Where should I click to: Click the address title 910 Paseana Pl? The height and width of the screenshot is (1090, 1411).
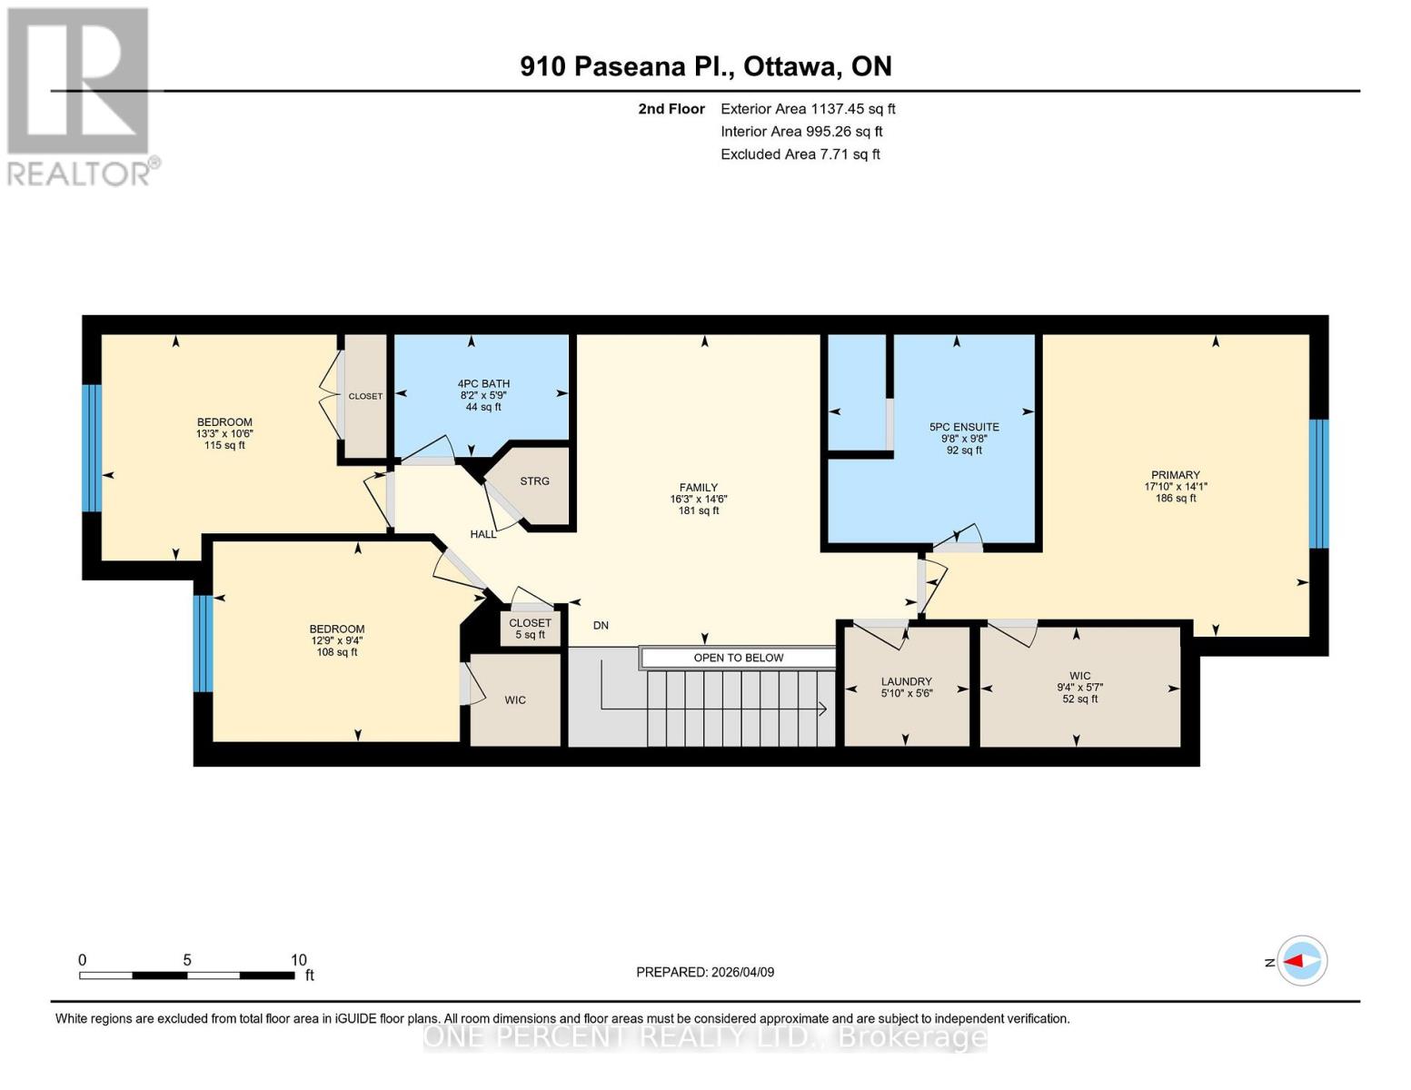click(x=705, y=66)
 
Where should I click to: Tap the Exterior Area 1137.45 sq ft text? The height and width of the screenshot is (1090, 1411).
click(x=807, y=109)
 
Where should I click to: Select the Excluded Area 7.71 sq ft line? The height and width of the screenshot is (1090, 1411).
click(x=800, y=154)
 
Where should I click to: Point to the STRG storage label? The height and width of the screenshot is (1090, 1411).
click(x=534, y=481)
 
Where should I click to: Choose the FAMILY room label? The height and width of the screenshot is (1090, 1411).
click(x=698, y=488)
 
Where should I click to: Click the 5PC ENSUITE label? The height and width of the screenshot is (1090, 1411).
click(x=963, y=427)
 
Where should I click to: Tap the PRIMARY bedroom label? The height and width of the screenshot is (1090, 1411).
click(x=1175, y=475)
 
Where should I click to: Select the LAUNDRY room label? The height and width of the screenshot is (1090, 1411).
click(x=906, y=681)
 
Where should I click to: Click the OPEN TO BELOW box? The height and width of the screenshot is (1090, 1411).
click(x=738, y=658)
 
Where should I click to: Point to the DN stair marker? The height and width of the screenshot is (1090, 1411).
click(x=601, y=626)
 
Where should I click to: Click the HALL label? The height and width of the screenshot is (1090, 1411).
click(x=483, y=534)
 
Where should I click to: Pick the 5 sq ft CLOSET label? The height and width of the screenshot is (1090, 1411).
click(x=530, y=629)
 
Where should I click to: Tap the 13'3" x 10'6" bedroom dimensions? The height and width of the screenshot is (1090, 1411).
click(x=224, y=434)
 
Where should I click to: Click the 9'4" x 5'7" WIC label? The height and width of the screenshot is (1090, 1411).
click(x=1079, y=687)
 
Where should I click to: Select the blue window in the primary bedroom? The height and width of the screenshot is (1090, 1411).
click(x=1318, y=483)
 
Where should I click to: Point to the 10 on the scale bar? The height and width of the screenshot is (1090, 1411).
click(x=298, y=960)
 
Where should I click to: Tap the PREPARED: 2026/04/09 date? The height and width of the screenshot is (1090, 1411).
click(x=705, y=972)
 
